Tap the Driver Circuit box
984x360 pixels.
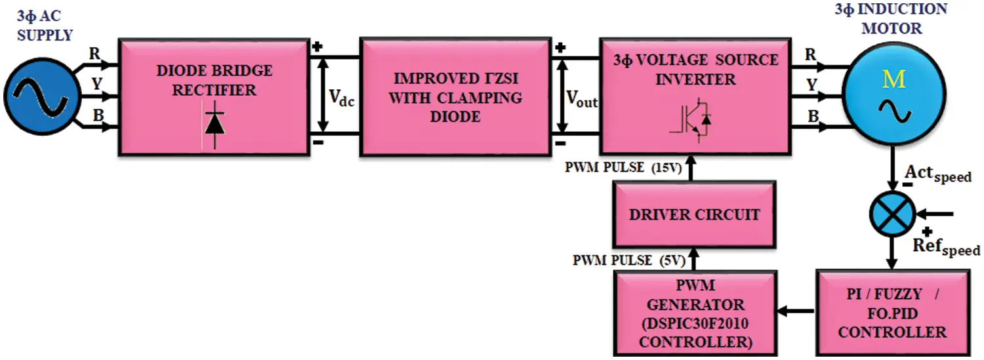694,214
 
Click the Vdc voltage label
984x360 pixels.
341,98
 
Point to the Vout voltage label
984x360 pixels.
581,98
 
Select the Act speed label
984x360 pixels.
937,174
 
